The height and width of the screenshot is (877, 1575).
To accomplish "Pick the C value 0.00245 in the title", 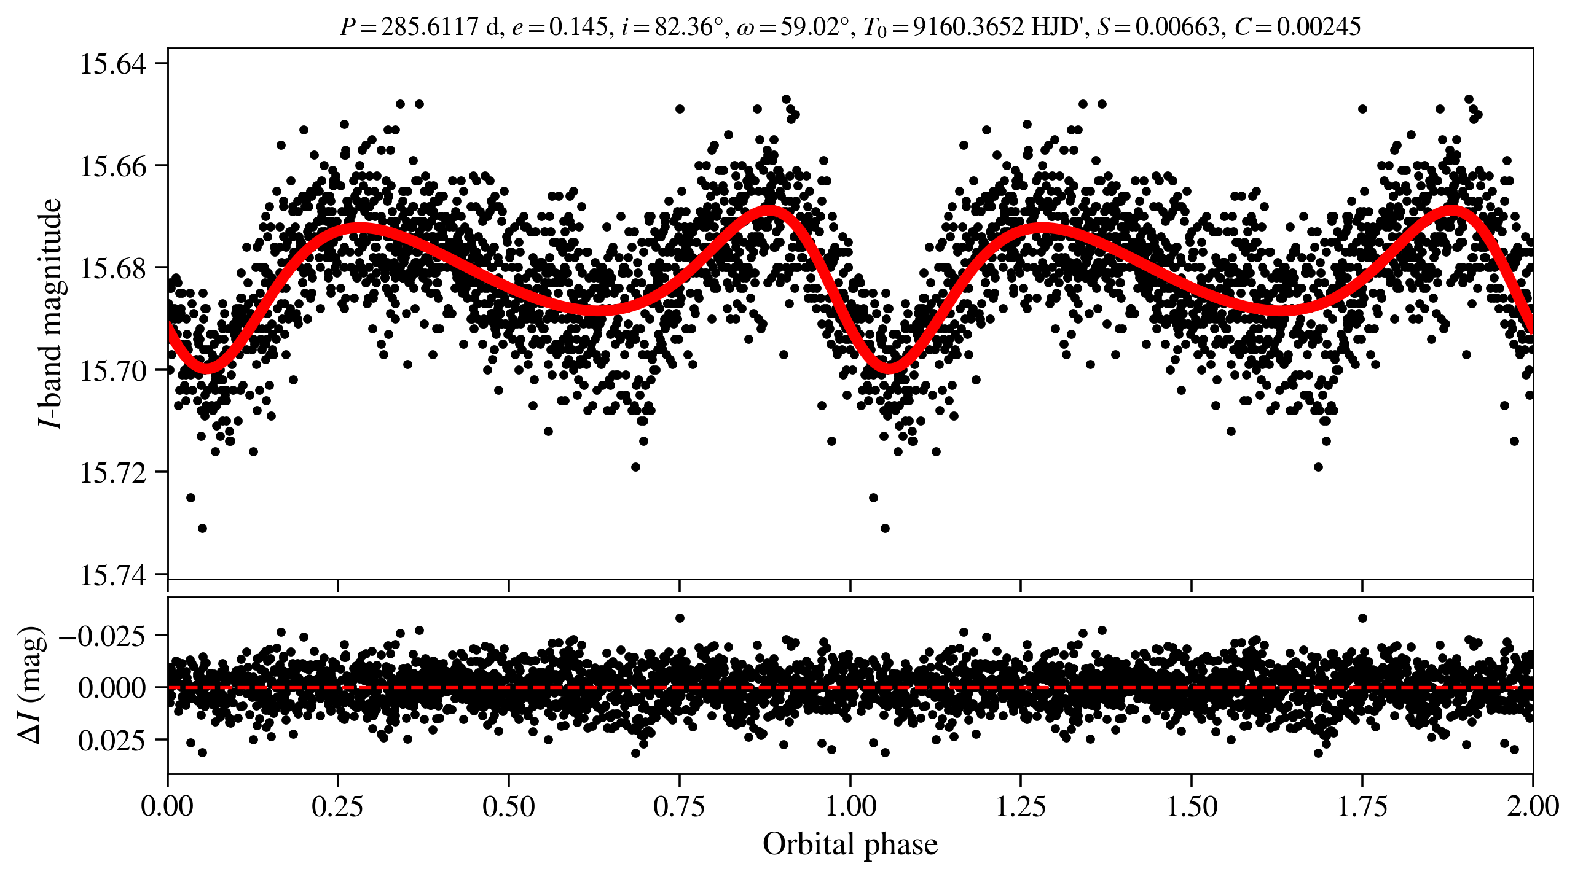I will tap(1319, 27).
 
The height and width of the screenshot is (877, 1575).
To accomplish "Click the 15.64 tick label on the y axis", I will tap(113, 64).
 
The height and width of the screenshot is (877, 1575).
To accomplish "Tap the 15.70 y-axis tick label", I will tap(113, 370).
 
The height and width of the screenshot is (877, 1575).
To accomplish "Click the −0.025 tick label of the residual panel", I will tap(103, 636).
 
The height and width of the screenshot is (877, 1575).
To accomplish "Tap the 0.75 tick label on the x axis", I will tap(679, 806).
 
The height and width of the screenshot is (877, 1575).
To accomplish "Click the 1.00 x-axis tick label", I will tap(850, 806).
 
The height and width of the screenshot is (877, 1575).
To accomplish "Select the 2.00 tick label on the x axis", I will tap(1533, 806).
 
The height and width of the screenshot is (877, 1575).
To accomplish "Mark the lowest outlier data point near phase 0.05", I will tap(202, 528).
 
